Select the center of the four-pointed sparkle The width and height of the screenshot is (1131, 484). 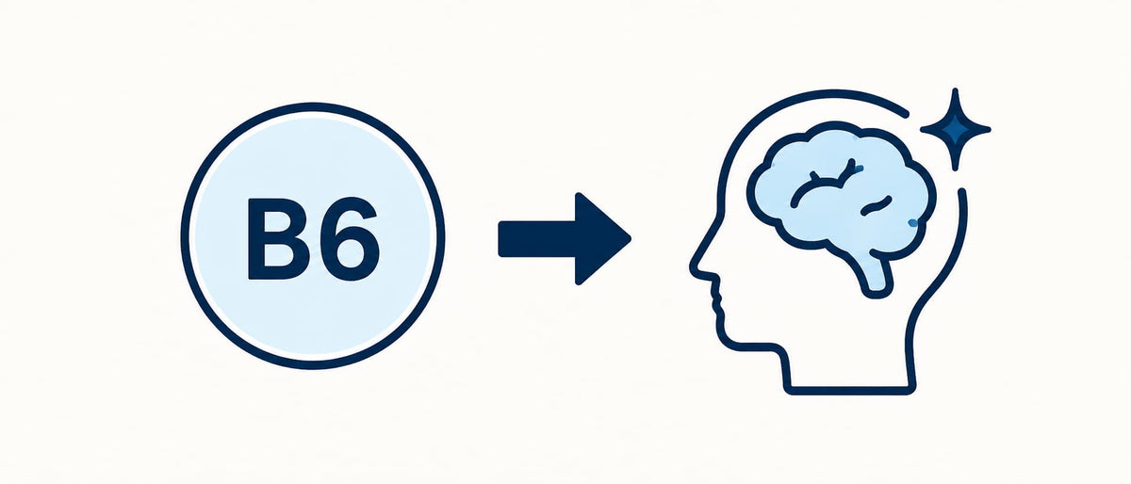[955, 130]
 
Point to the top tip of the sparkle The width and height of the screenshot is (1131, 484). [955, 89]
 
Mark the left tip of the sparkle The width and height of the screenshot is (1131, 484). [922, 130]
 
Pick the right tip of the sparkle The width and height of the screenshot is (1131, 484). [989, 130]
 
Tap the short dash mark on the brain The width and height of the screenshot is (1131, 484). [876, 206]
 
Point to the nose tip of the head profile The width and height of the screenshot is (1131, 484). [693, 267]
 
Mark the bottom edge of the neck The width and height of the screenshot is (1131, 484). [850, 391]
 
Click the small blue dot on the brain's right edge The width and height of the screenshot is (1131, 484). [912, 222]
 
